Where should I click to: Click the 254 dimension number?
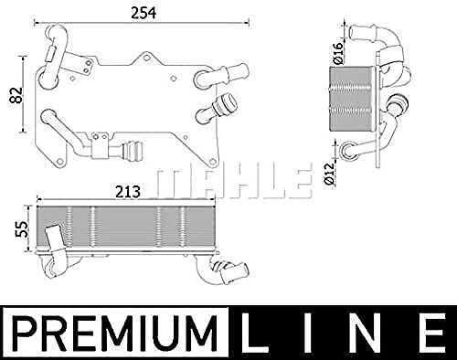143,13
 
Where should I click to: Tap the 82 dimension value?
16,95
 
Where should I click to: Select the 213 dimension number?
128,192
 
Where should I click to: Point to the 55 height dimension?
21,229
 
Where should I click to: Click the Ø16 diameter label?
338,53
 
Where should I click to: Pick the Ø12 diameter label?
330,174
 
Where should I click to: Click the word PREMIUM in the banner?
116,334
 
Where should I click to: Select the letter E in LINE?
430,334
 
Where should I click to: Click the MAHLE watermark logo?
235,181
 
